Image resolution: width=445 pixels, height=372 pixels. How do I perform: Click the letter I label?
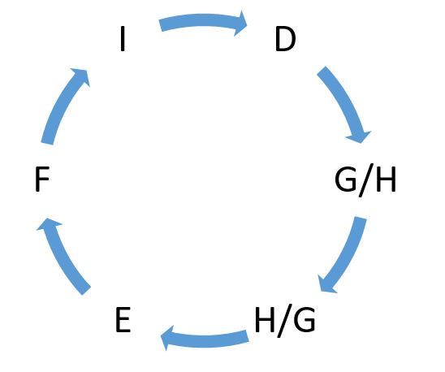123,39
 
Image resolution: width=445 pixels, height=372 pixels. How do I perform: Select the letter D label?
286,39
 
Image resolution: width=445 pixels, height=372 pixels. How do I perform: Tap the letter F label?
42,180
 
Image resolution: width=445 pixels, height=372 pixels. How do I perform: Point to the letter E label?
123,319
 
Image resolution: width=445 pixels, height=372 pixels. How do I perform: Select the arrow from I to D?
203,20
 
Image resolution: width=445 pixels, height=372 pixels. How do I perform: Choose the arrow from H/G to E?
204,340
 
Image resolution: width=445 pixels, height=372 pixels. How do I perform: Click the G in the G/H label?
345,180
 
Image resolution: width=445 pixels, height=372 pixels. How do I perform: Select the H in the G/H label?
386,180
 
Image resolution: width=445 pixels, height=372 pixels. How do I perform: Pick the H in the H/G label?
265,319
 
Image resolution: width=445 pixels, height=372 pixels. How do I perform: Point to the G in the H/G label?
305,319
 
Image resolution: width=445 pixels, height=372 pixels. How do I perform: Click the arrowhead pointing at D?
240,24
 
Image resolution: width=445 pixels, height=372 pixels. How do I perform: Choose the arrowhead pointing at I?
81,76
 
